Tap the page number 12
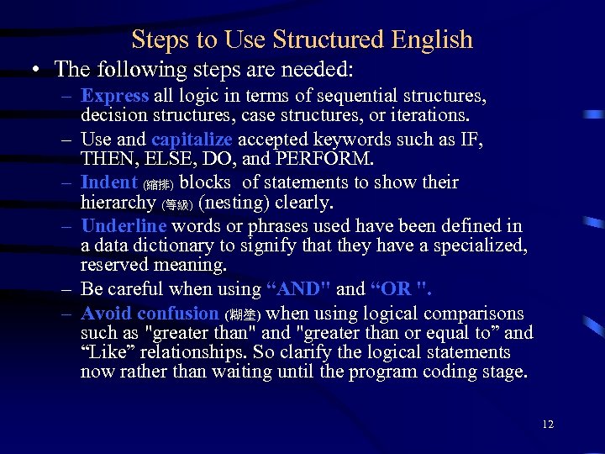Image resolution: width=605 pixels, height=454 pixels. click(x=548, y=425)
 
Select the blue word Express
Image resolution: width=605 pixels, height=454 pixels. click(x=115, y=96)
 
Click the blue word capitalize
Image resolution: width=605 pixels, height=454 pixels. click(x=192, y=139)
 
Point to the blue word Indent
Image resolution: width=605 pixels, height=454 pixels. click(x=109, y=182)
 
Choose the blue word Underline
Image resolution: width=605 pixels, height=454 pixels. click(x=124, y=225)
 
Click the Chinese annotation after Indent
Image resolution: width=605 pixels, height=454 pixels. click(x=159, y=184)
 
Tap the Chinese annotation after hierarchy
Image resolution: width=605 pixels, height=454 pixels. click(x=178, y=204)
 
